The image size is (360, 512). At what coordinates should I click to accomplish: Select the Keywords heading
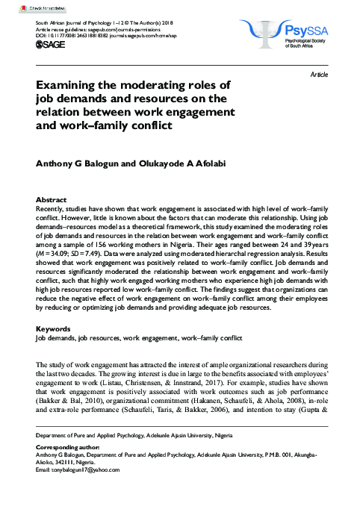(x=53, y=328)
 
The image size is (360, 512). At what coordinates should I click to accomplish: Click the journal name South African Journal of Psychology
(x=81, y=25)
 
